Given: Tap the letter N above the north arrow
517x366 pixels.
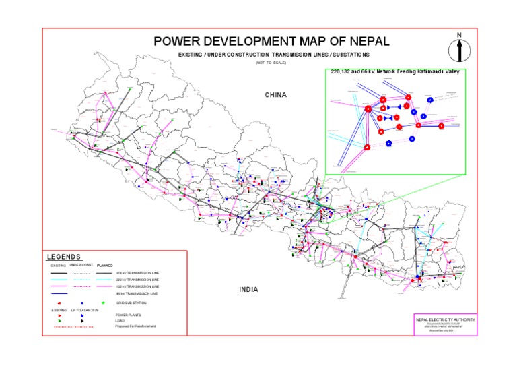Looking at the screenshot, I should (x=459, y=34).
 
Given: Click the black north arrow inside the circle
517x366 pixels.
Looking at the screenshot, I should (x=459, y=50).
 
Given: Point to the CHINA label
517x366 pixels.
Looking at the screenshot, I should (x=275, y=95).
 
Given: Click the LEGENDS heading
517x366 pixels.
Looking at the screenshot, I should (x=64, y=257).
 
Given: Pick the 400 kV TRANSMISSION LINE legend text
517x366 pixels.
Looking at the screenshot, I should (x=138, y=273).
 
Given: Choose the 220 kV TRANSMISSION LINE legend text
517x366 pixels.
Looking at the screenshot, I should (x=138, y=280).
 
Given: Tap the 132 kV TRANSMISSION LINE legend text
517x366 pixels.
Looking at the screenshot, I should (x=138, y=287).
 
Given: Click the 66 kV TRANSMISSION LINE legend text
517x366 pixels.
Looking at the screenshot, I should (x=137, y=294).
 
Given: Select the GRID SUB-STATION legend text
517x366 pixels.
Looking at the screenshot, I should (x=131, y=304).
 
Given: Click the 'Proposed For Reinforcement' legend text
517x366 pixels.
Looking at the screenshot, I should (x=136, y=326).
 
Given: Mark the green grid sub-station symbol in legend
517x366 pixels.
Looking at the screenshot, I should (x=103, y=304).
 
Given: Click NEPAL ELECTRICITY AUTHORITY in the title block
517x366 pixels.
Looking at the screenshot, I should (x=445, y=319).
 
